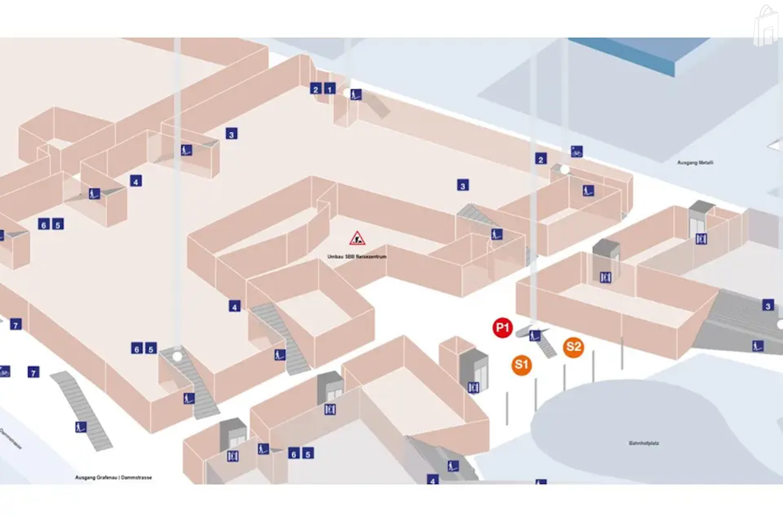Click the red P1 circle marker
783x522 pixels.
tap(502, 328)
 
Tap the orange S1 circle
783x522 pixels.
tap(522, 365)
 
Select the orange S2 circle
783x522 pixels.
tap(573, 347)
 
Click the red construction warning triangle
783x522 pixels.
tap(357, 239)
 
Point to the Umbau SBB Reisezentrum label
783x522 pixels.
tap(357, 257)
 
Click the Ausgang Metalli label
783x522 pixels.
tap(695, 163)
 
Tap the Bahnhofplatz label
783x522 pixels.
tap(643, 443)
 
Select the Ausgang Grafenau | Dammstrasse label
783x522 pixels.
tap(114, 477)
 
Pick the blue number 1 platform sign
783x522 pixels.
tap(330, 89)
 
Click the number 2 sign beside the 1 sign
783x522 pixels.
tap(316, 89)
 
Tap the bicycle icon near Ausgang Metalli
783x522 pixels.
tap(576, 152)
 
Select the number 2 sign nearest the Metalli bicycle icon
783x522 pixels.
tap(541, 159)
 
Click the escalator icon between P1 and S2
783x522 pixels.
tap(535, 335)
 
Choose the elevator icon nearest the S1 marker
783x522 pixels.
tap(473, 387)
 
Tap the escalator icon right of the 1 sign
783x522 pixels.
tap(356, 94)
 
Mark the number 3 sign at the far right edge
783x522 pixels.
tap(768, 305)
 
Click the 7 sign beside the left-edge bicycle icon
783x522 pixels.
tap(33, 372)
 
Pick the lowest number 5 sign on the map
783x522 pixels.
tap(308, 454)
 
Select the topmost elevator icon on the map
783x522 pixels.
tap(701, 239)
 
